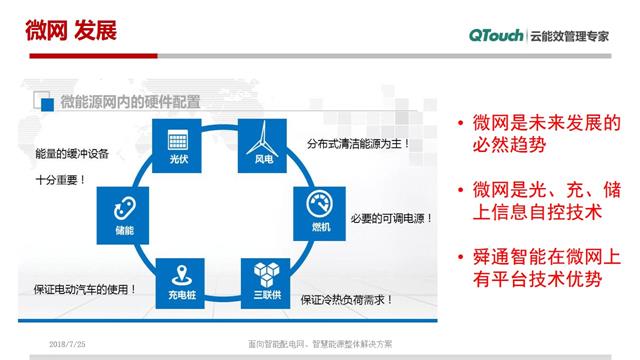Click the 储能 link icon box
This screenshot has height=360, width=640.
pyautogui.click(x=122, y=212)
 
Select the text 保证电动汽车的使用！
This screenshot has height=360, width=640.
pyautogui.click(x=82, y=290)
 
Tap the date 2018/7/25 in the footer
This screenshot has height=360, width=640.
pyautogui.click(x=67, y=344)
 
